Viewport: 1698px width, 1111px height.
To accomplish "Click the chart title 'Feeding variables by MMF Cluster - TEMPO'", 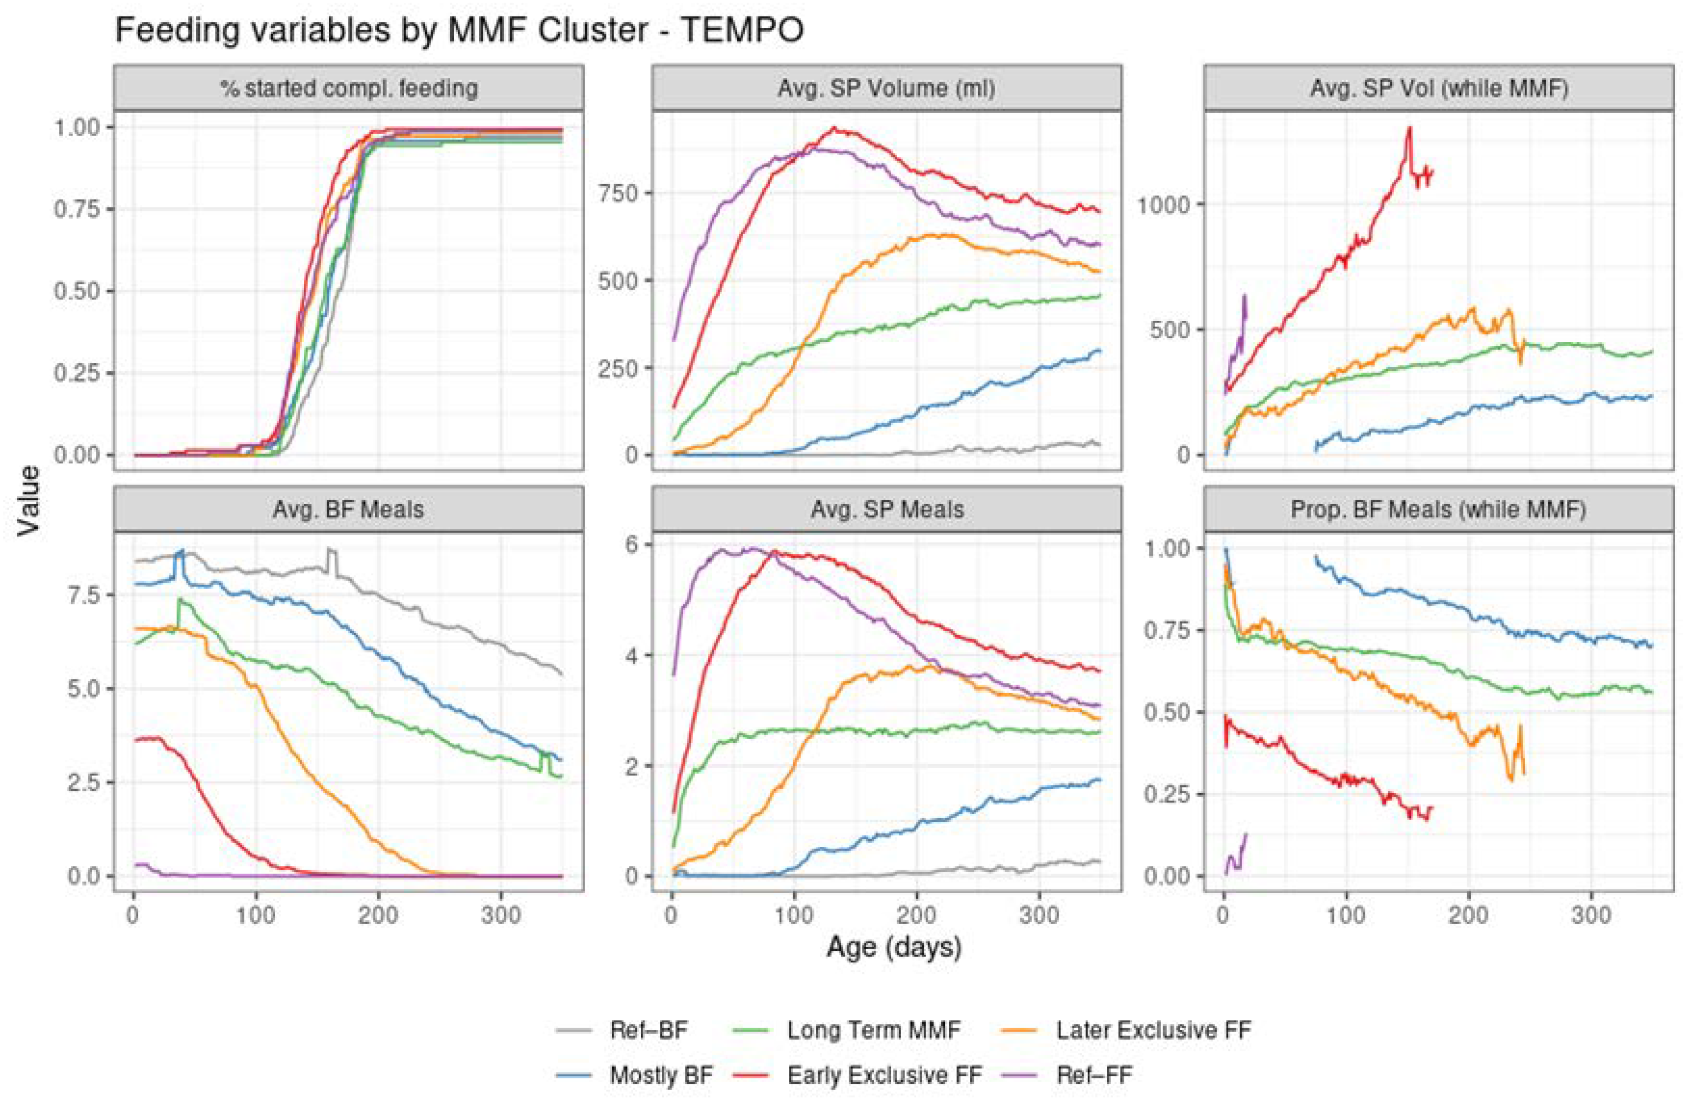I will (459, 30).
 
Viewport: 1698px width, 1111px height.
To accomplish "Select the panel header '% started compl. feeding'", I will (349, 88).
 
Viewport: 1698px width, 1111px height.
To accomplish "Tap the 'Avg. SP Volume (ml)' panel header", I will (887, 88).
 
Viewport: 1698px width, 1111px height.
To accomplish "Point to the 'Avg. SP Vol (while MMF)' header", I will (1439, 88).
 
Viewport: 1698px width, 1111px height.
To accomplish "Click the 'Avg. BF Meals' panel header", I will (349, 509).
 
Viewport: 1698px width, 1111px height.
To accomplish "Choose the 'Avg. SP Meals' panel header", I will (887, 509).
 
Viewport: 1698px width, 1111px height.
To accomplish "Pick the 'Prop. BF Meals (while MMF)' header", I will (1439, 509).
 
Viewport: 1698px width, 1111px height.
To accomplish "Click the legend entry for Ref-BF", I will (648, 1030).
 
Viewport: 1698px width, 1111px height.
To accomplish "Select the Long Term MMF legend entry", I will (873, 1030).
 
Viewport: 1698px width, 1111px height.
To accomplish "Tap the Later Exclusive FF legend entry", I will (1153, 1030).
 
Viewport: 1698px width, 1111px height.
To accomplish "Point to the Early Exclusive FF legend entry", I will (884, 1075).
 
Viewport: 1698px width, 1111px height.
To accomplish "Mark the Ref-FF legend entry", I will (1094, 1075).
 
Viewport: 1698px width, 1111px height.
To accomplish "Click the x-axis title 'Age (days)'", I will (894, 947).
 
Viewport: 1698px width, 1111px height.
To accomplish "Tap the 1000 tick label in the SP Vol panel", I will (1163, 205).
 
